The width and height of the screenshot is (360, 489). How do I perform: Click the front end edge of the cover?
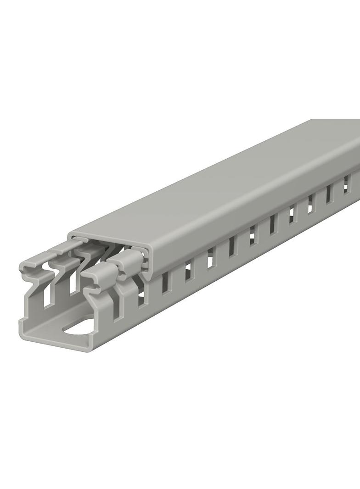pos(110,241)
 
